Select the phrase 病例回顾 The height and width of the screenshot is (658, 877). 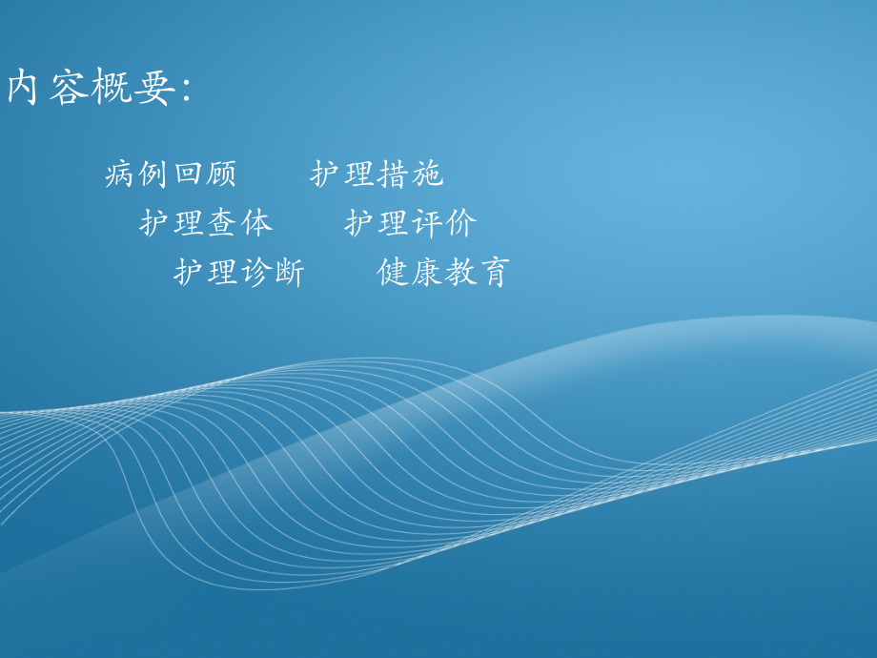click(x=172, y=175)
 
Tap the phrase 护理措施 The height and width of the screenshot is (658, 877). click(x=377, y=175)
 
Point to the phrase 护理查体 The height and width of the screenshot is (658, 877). click(x=206, y=223)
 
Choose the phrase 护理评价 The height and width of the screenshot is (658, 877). click(x=412, y=223)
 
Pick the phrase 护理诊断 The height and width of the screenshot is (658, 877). click(x=240, y=273)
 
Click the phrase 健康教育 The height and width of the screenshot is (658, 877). click(x=445, y=273)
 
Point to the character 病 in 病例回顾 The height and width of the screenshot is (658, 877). click(x=121, y=175)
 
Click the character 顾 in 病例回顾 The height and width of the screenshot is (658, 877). click(x=222, y=175)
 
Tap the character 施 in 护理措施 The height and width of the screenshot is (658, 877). click(x=428, y=175)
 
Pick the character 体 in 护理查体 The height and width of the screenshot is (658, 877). click(x=256, y=223)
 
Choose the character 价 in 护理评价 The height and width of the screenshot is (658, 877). click(x=462, y=223)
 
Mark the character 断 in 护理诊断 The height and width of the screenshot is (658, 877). click(x=290, y=273)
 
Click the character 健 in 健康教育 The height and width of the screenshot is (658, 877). click(x=395, y=273)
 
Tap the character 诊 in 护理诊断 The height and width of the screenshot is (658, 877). click(x=256, y=273)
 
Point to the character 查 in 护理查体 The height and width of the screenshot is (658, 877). click(x=223, y=223)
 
